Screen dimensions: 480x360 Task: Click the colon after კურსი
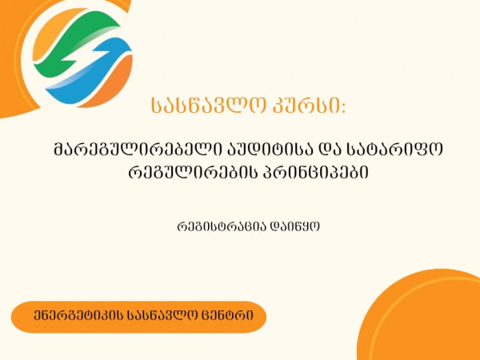[343, 107]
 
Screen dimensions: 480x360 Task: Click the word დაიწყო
[294, 227]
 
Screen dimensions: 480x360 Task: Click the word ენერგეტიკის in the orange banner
[78, 316]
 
